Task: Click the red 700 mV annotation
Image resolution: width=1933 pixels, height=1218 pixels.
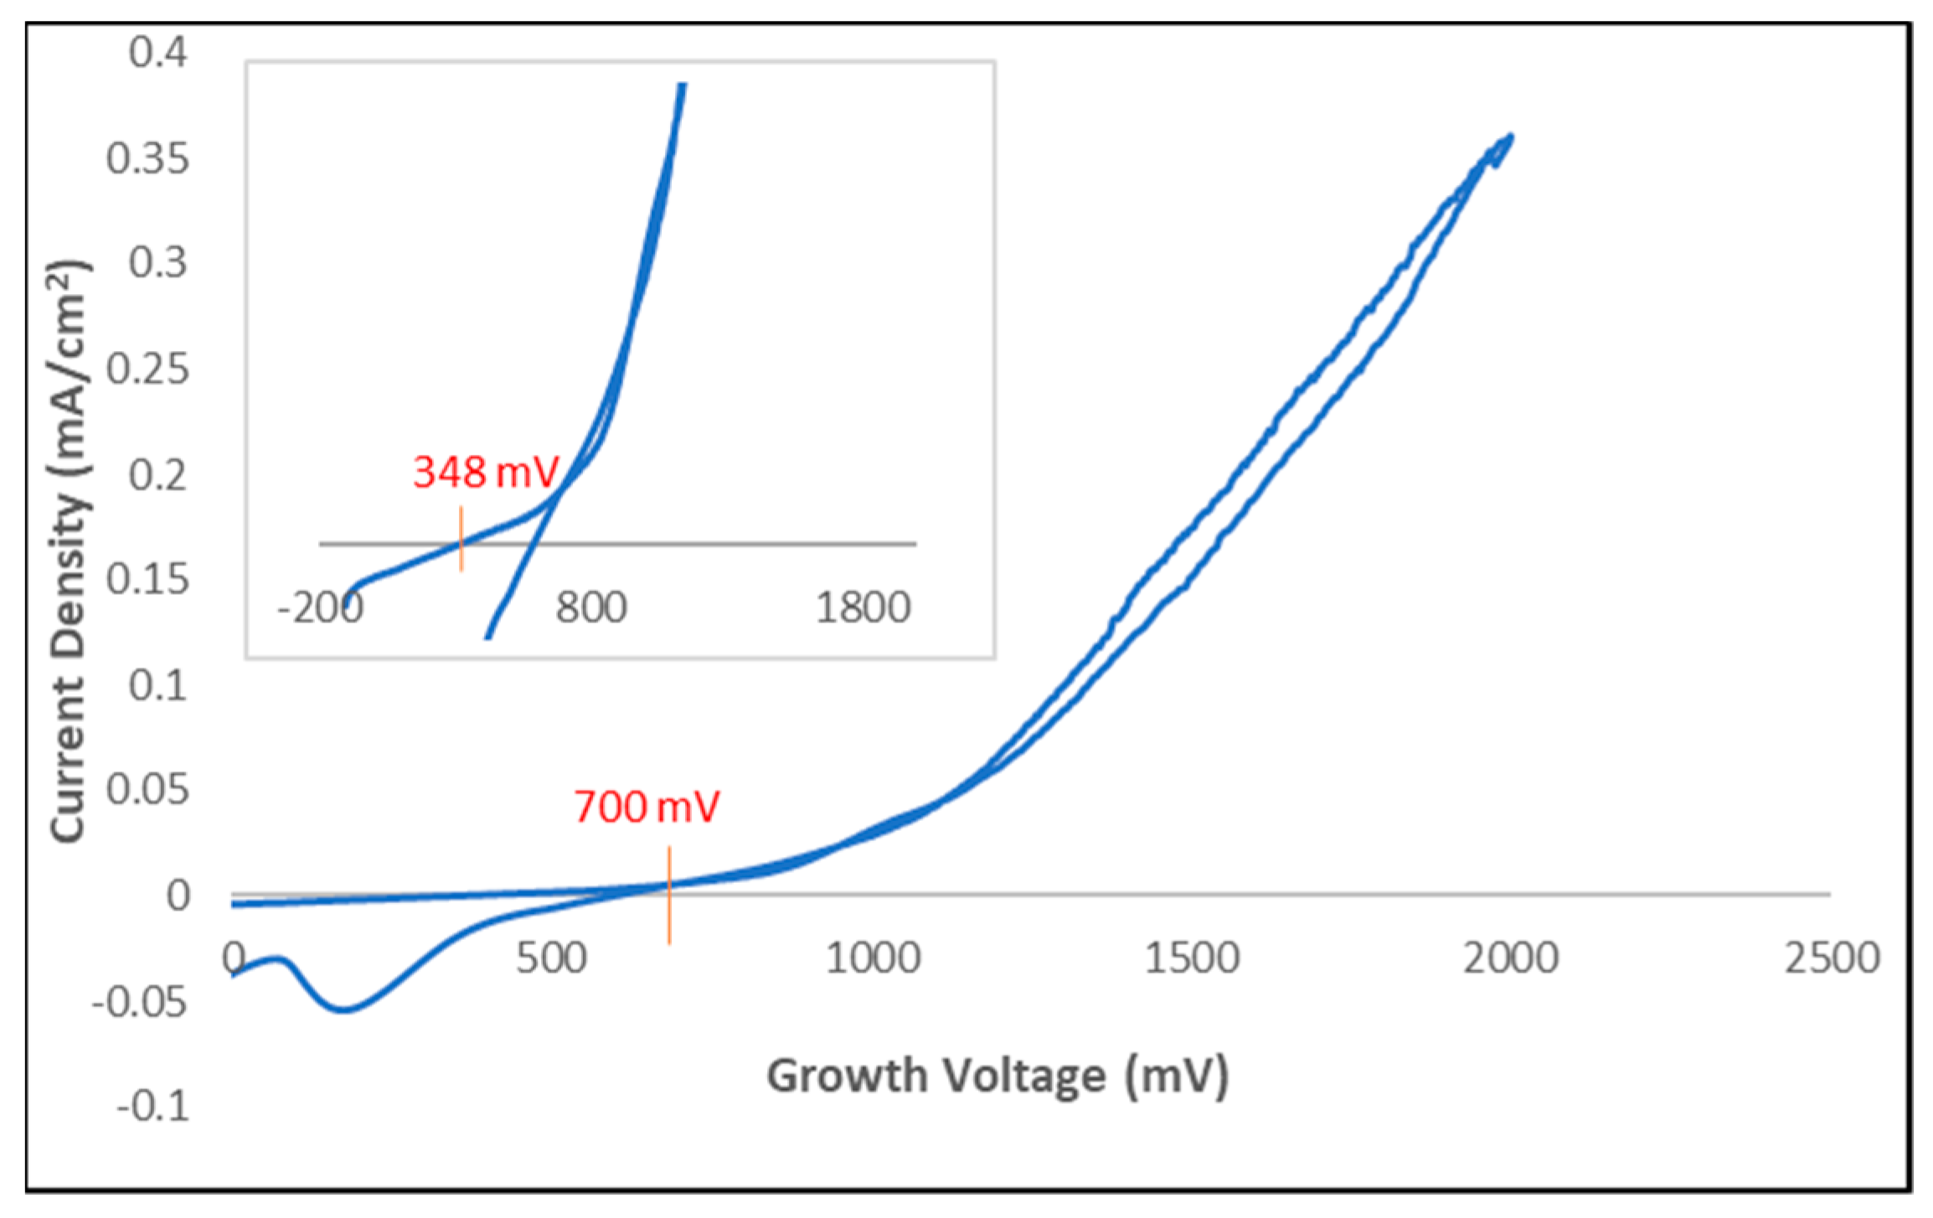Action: [647, 808]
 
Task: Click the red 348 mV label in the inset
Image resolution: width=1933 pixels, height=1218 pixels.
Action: [485, 472]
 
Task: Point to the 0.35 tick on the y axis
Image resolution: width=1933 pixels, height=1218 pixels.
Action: [147, 158]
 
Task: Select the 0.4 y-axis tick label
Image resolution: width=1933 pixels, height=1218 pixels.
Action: [158, 52]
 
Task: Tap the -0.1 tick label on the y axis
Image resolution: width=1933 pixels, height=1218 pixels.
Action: [152, 1107]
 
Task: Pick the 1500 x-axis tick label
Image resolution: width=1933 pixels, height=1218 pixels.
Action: [1192, 958]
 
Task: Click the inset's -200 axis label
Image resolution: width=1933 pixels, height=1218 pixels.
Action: [320, 608]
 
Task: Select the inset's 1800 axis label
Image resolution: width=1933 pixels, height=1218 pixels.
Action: [863, 608]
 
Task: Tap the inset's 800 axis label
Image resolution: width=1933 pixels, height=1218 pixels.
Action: [591, 608]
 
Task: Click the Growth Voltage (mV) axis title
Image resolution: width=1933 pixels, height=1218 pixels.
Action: [997, 1076]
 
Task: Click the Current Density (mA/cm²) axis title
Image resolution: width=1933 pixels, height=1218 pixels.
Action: [69, 553]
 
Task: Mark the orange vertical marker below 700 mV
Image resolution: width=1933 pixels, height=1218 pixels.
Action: [669, 895]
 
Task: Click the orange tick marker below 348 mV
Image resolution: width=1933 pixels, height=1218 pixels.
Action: [461, 539]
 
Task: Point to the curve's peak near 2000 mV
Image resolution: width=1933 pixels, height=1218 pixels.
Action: [1510, 137]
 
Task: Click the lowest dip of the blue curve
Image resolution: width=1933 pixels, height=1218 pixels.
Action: [343, 1010]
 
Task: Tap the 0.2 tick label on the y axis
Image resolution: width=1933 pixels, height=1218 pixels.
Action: [158, 476]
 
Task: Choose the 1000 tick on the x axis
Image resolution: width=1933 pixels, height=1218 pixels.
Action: [873, 958]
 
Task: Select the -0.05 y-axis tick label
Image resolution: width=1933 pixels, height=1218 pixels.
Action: [141, 1001]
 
